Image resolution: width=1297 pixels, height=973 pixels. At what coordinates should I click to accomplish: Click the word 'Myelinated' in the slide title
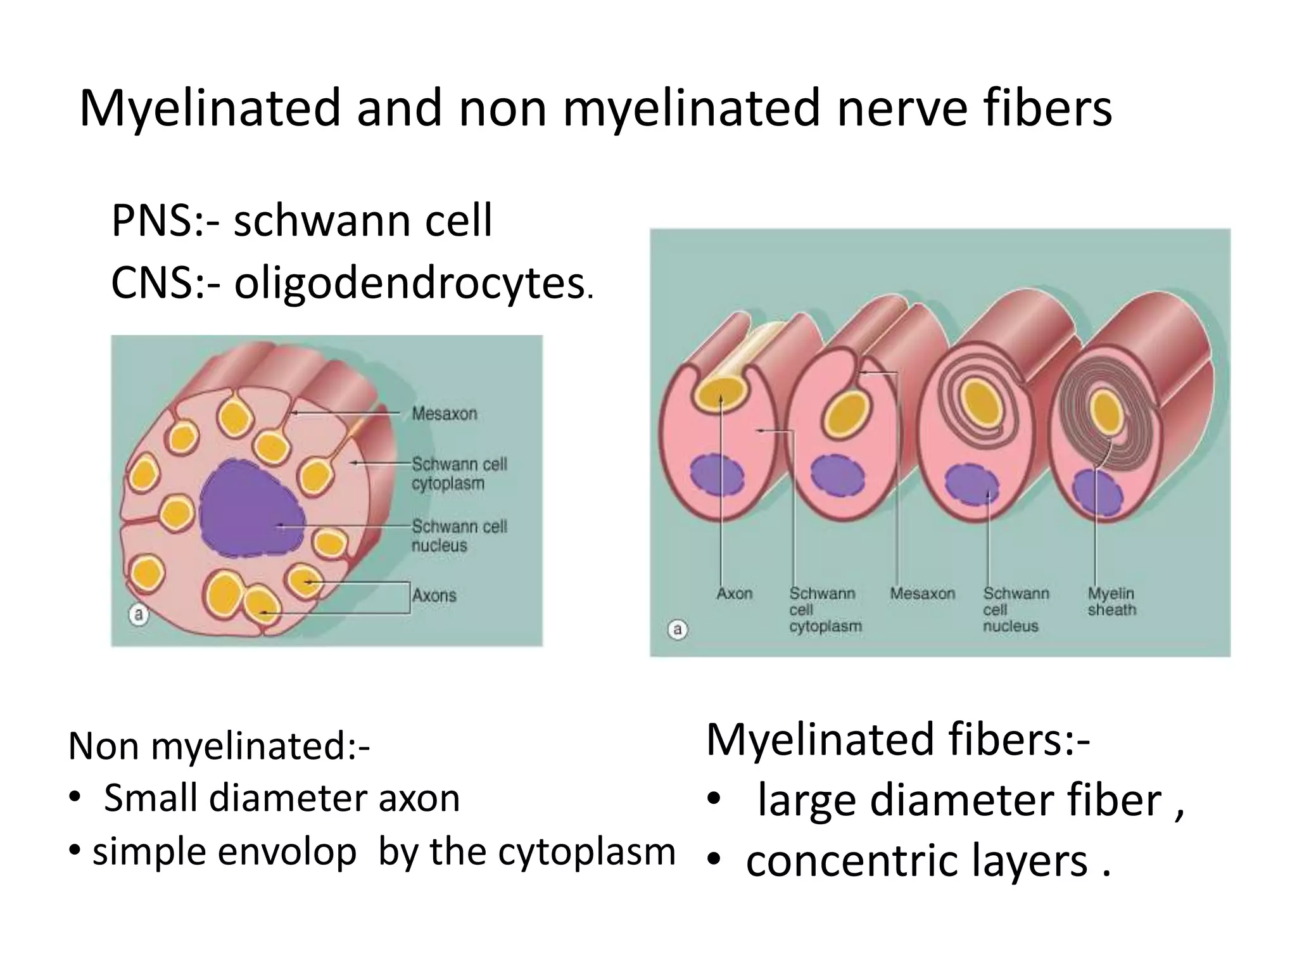pos(208,109)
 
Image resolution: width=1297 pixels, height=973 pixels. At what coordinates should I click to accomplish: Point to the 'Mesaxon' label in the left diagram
pos(444,414)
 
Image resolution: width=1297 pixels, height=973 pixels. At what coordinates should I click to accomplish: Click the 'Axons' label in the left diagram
pos(434,595)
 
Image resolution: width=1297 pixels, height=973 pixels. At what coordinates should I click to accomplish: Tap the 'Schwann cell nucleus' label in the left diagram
pos(459,536)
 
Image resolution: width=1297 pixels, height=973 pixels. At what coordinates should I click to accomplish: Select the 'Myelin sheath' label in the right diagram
pos(1111,601)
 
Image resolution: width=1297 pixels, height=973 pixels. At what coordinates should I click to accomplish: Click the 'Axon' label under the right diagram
pos(735,594)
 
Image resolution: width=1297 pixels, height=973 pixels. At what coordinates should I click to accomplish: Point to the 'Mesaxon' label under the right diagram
pos(922,594)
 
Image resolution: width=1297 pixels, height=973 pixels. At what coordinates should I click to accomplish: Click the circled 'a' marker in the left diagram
pos(139,614)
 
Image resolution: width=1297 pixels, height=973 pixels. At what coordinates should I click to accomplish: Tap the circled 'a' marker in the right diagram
pos(678,630)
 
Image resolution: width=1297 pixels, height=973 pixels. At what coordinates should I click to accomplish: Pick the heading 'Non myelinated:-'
pos(218,746)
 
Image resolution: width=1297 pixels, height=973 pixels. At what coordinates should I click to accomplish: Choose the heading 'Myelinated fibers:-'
pos(898,739)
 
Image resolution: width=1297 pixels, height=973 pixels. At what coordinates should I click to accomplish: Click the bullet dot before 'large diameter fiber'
pos(714,801)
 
